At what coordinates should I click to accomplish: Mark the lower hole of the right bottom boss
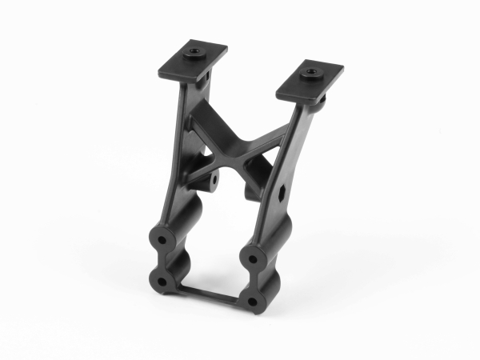pyautogui.click(x=254, y=302)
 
